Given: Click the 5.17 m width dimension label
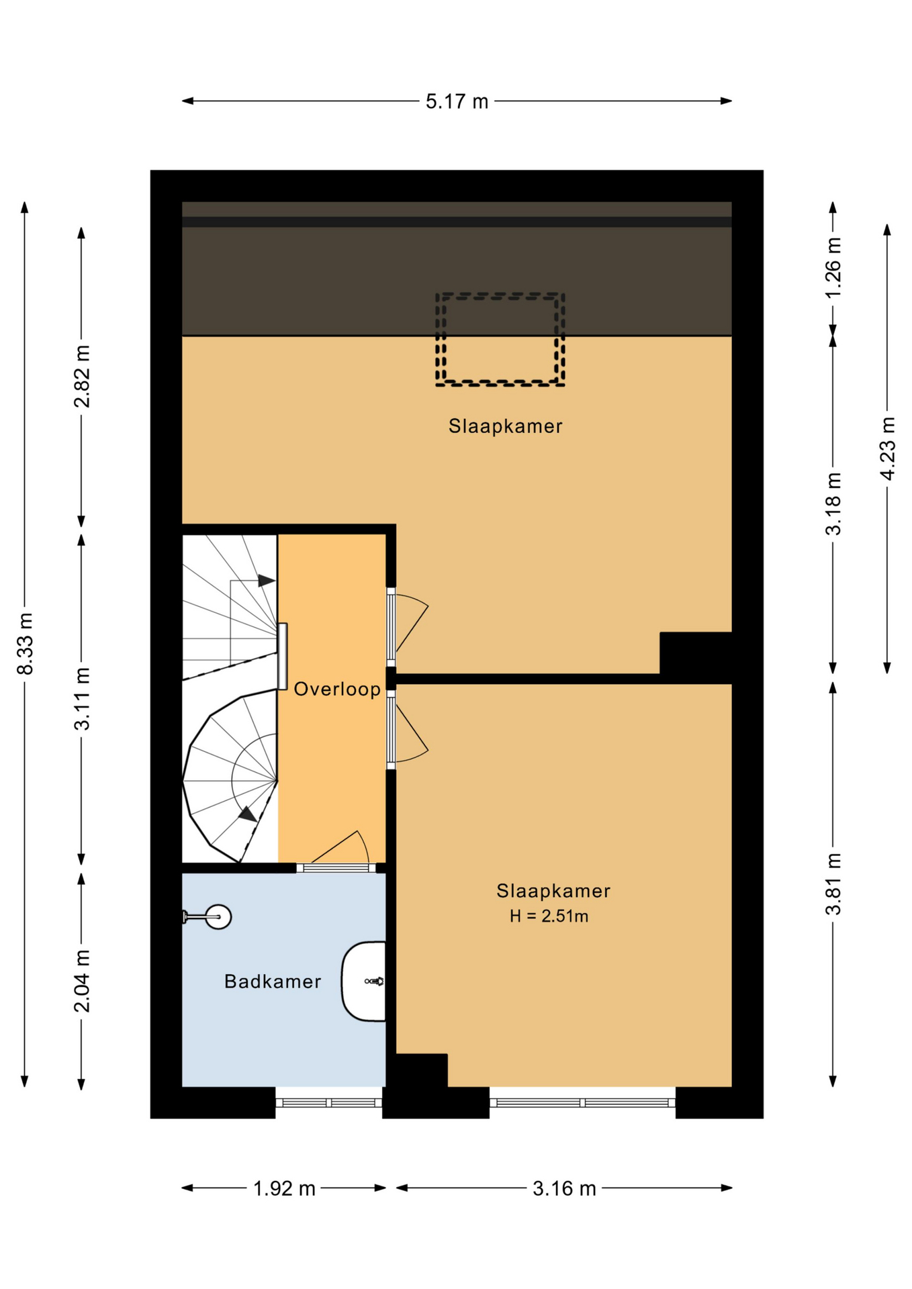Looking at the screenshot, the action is click(x=457, y=101).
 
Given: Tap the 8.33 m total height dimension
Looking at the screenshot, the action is click(x=25, y=644).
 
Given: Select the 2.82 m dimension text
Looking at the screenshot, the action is click(x=82, y=377).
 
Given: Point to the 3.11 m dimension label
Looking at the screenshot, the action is click(x=82, y=699).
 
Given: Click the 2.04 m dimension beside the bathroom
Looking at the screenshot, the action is click(x=82, y=981).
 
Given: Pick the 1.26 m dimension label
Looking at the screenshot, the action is click(x=833, y=268).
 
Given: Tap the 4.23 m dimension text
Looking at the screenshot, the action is click(x=887, y=448).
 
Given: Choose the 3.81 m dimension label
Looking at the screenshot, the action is click(x=833, y=884).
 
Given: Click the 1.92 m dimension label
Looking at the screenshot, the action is click(x=284, y=1189).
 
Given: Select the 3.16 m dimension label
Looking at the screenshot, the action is click(x=564, y=1189).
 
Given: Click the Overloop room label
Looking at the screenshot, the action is click(x=337, y=689).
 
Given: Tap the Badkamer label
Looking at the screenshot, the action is click(x=273, y=982).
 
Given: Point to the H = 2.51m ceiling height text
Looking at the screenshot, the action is click(x=549, y=916).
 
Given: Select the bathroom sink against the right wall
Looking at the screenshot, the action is click(x=364, y=981).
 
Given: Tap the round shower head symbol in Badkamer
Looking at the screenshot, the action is click(x=218, y=916).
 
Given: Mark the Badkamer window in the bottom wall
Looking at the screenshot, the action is click(x=329, y=1102).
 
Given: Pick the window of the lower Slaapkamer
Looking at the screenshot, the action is click(x=582, y=1102).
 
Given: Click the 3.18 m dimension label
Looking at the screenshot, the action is click(x=833, y=504).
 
